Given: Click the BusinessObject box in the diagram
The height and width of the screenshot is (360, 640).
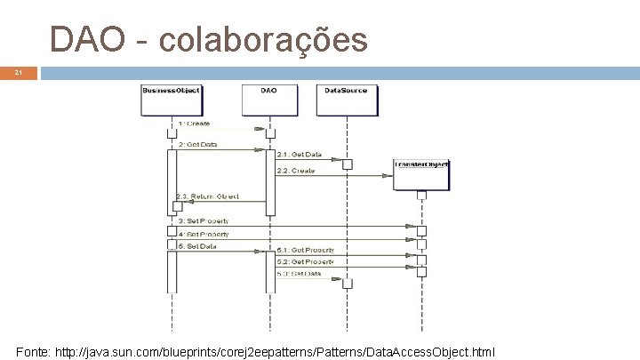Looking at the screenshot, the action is pyautogui.click(x=171, y=91).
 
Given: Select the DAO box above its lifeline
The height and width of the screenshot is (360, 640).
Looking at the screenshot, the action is pyautogui.click(x=269, y=91).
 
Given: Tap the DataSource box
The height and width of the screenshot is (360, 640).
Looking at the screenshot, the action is pyautogui.click(x=345, y=91).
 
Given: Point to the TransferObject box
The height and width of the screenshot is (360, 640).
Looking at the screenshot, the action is pyautogui.click(x=422, y=164).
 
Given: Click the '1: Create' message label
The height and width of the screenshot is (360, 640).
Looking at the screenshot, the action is pyautogui.click(x=194, y=124).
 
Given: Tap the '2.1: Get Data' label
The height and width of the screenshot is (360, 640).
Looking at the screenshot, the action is pyautogui.click(x=299, y=155).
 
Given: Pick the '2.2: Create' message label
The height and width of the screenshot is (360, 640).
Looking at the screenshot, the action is pyautogui.click(x=295, y=170).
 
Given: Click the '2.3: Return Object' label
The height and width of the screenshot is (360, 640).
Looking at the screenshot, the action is pyautogui.click(x=207, y=196).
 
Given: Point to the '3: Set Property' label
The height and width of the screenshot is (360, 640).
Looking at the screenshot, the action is pyautogui.click(x=203, y=220).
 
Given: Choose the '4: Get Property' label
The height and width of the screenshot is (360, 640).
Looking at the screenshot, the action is pyautogui.click(x=203, y=235).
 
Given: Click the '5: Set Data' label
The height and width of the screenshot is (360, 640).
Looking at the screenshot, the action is pyautogui.click(x=197, y=245).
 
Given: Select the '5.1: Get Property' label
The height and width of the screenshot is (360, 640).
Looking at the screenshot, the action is pyautogui.click(x=305, y=252).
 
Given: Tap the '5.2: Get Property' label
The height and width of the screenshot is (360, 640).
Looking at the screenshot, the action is pyautogui.click(x=305, y=262).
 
